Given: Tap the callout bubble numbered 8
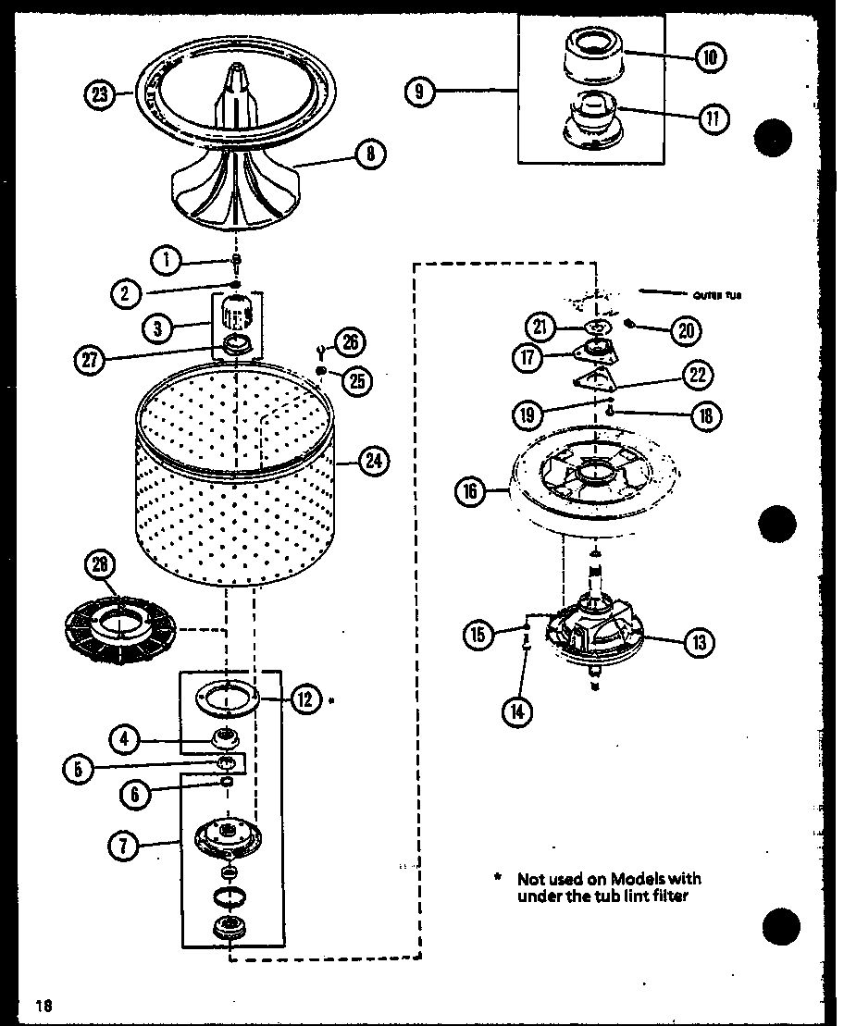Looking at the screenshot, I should pyautogui.click(x=369, y=154).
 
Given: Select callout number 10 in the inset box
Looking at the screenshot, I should pyautogui.click(x=709, y=57).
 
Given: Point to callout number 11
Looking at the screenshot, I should pyautogui.click(x=713, y=117).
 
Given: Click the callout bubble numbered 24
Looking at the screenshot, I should pyautogui.click(x=372, y=461).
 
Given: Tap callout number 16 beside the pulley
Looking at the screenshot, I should pyautogui.click(x=470, y=491).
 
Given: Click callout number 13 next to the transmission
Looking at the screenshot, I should pyautogui.click(x=699, y=641).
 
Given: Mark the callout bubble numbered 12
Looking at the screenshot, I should pyautogui.click(x=304, y=699).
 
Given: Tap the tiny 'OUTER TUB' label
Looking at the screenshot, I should pyautogui.click(x=716, y=296).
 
